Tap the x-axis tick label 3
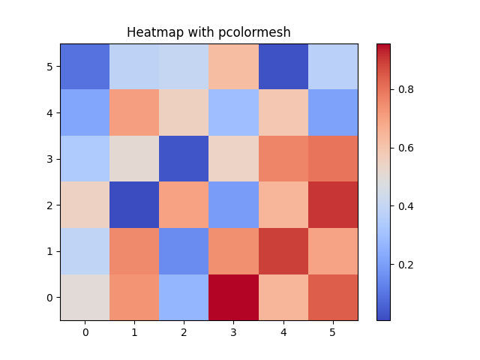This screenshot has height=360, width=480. [x=233, y=331]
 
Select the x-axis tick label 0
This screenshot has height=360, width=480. [x=85, y=331]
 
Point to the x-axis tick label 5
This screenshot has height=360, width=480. [x=332, y=331]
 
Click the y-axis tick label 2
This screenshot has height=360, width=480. [x=50, y=205]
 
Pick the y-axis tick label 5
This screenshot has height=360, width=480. [x=50, y=67]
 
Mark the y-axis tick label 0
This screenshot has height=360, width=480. [x=50, y=297]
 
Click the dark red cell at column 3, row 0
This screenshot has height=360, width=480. [x=233, y=297]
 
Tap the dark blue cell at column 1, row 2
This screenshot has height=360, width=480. [x=134, y=205]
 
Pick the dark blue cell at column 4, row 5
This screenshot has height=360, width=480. [x=283, y=67]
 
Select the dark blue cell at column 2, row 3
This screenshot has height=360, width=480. [x=184, y=159]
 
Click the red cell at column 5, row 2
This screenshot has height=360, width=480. [x=332, y=205]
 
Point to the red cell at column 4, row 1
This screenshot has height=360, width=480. [x=283, y=251]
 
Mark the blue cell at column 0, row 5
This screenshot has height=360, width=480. [x=85, y=67]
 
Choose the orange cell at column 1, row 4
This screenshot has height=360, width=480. [x=134, y=112]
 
